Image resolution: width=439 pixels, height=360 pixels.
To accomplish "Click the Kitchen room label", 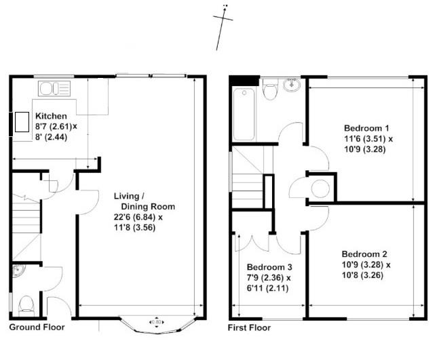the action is pyautogui.click(x=52, y=116).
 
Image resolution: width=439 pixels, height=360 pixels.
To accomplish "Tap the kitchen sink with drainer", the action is pyautogui.click(x=54, y=88).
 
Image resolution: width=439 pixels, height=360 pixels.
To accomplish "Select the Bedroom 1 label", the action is pyautogui.click(x=366, y=128).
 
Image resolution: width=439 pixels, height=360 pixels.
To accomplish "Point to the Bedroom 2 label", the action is pyautogui.click(x=364, y=254).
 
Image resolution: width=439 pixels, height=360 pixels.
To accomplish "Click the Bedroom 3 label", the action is pyautogui.click(x=269, y=267).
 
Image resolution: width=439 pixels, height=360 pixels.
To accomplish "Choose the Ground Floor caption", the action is pyautogui.click(x=37, y=327).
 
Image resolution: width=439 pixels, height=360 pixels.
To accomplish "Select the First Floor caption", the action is pyautogui.click(x=249, y=327).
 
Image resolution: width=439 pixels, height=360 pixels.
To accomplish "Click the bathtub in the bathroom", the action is pyautogui.click(x=244, y=114).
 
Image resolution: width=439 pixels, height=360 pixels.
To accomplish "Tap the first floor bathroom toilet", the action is pyautogui.click(x=271, y=89).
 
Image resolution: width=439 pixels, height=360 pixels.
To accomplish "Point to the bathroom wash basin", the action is pyautogui.click(x=292, y=85).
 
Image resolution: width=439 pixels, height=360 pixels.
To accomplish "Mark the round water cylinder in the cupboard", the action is pyautogui.click(x=320, y=188).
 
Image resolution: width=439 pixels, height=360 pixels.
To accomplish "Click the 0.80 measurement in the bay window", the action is pyautogui.click(x=157, y=322).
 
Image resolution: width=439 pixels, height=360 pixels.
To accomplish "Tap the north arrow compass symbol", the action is pyautogui.click(x=222, y=27).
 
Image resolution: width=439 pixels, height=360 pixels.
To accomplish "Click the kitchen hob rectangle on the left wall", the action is pyautogui.click(x=22, y=122).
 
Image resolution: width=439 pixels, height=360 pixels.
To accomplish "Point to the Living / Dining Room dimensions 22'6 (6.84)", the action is pyautogui.click(x=135, y=217).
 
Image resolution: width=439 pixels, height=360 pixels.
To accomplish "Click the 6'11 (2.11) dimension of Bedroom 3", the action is pyautogui.click(x=267, y=288).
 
